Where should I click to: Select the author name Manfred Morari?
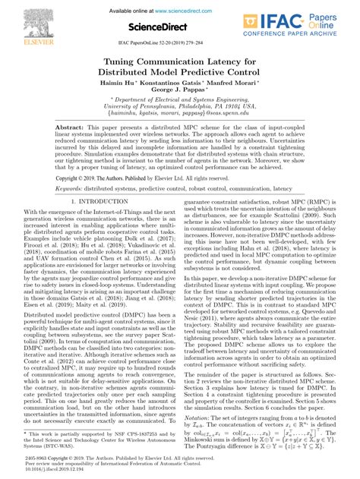[238, 79]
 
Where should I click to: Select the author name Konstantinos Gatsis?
[182, 79]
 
